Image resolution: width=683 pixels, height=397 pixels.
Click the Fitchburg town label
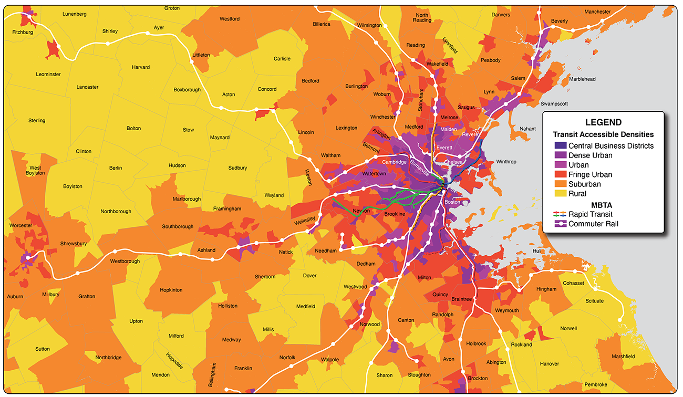pyautogui.click(x=23, y=33)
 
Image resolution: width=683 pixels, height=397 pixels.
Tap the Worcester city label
pyautogui.click(x=20, y=226)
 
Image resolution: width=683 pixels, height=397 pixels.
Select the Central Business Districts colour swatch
pyautogui.click(x=561, y=146)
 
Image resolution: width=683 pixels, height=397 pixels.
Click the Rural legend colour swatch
pyautogui.click(x=561, y=194)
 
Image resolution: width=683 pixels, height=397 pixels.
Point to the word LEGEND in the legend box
pyautogui.click(x=603, y=123)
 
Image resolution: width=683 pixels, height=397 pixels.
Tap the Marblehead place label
pyautogui.click(x=582, y=79)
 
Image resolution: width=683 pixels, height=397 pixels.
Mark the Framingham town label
pyautogui.click(x=226, y=209)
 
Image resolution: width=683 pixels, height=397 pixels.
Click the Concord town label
pyautogui.click(x=267, y=89)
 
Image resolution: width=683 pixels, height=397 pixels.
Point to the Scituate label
pyautogui.click(x=595, y=301)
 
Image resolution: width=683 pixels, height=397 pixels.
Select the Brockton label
pyautogui.click(x=478, y=379)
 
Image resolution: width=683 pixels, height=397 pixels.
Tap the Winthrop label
pyautogui.click(x=506, y=162)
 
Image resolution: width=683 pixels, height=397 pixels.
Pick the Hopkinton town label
pyautogui.click(x=171, y=290)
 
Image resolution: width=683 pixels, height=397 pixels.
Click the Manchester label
pyautogui.click(x=598, y=12)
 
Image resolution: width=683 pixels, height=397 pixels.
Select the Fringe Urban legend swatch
pyautogui.click(x=561, y=175)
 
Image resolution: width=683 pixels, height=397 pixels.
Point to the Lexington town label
pyautogui.click(x=346, y=128)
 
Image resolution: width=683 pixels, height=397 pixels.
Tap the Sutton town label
pyautogui.click(x=43, y=349)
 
